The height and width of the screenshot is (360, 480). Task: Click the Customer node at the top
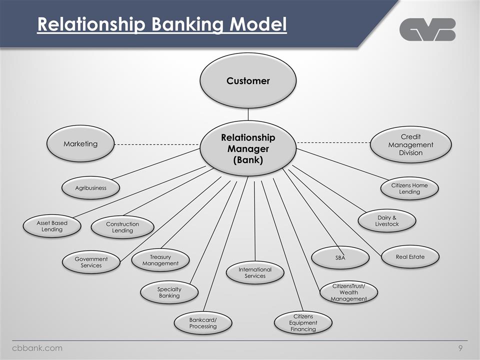(x=248, y=80)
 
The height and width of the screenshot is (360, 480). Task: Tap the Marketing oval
(x=80, y=143)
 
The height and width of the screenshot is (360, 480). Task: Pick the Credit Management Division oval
(x=410, y=144)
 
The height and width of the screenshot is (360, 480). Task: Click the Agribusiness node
(x=90, y=188)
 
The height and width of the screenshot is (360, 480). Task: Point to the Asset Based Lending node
(x=52, y=226)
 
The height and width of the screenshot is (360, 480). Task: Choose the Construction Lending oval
(x=122, y=227)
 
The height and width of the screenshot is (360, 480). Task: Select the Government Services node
(x=91, y=262)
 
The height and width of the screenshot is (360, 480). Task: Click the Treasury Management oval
(x=160, y=260)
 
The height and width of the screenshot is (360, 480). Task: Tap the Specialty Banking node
(x=169, y=292)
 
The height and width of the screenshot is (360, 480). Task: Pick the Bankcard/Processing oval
(x=203, y=323)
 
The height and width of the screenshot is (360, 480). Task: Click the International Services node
(x=255, y=273)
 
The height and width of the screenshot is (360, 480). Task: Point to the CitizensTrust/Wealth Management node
(x=348, y=292)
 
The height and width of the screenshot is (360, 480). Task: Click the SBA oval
(x=340, y=257)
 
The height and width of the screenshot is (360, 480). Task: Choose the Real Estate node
(x=410, y=256)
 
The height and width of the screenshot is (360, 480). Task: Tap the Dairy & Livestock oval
(x=387, y=221)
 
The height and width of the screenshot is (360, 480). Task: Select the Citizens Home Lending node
(x=409, y=188)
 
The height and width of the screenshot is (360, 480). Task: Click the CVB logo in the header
(x=427, y=29)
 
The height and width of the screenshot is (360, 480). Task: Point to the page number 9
(x=460, y=348)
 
